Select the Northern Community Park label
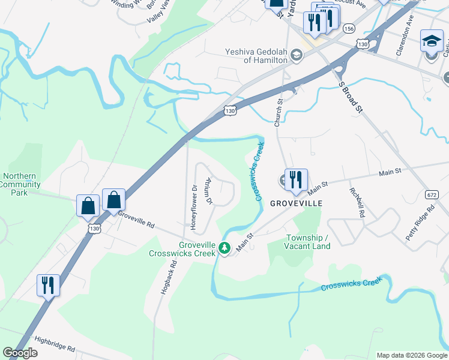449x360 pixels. click(x=20, y=185)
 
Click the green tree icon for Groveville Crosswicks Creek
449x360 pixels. click(x=224, y=247)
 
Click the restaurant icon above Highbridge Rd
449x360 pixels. click(x=47, y=285)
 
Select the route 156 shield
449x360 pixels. click(x=348, y=29)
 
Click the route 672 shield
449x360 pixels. click(x=431, y=194)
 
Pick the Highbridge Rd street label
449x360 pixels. click(x=54, y=344)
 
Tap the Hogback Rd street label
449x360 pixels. click(x=169, y=276)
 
